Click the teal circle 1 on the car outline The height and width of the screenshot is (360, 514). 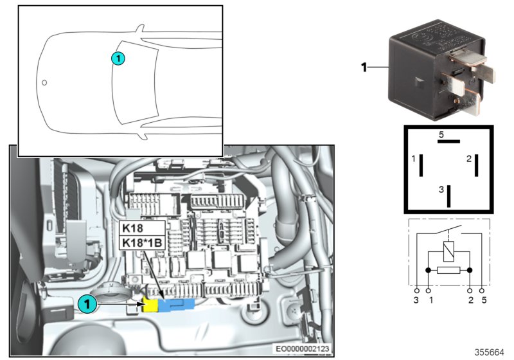pyautogui.click(x=117, y=59)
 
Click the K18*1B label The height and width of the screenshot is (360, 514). pyautogui.click(x=143, y=242)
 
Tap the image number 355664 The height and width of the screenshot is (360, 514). pyautogui.click(x=490, y=352)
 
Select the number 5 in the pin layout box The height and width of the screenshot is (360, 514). pyautogui.click(x=441, y=135)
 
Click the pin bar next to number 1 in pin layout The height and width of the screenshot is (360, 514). pyautogui.click(x=421, y=165)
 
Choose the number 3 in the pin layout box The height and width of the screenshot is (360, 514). pyautogui.click(x=441, y=190)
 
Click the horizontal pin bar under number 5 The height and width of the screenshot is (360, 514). pyautogui.click(x=448, y=143)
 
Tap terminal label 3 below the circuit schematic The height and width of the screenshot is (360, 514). pyautogui.click(x=417, y=300)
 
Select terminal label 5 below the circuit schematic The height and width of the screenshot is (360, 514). pyautogui.click(x=483, y=300)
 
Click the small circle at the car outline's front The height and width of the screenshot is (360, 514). pyautogui.click(x=44, y=82)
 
